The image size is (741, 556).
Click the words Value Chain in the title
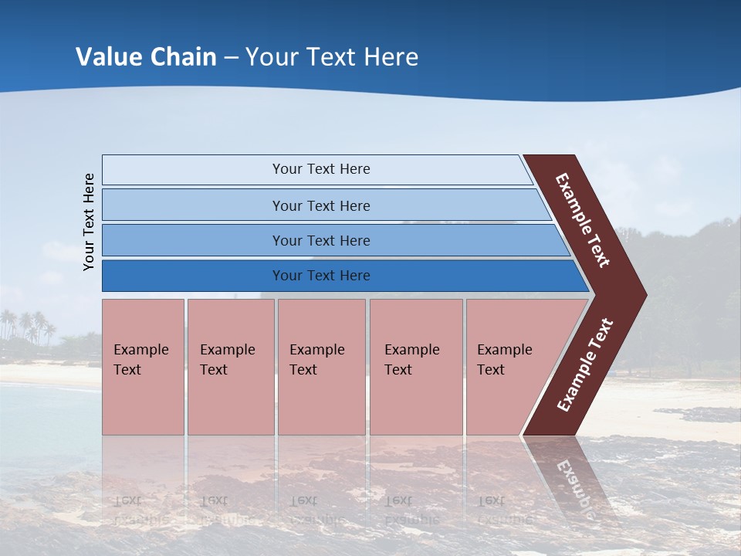(146, 57)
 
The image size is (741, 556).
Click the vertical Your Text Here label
(90, 222)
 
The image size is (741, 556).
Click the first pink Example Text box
(143, 367)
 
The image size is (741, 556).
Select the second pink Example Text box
(230, 367)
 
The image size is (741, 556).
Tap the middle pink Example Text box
(321, 367)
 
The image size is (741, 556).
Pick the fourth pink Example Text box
(416, 367)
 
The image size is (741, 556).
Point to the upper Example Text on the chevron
(583, 220)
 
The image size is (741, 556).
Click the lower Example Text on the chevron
(585, 365)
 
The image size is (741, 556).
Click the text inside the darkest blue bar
(321, 276)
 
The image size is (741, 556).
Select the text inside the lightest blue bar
(321, 169)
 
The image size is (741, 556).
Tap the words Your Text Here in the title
(332, 57)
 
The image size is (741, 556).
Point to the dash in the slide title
(231, 58)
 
